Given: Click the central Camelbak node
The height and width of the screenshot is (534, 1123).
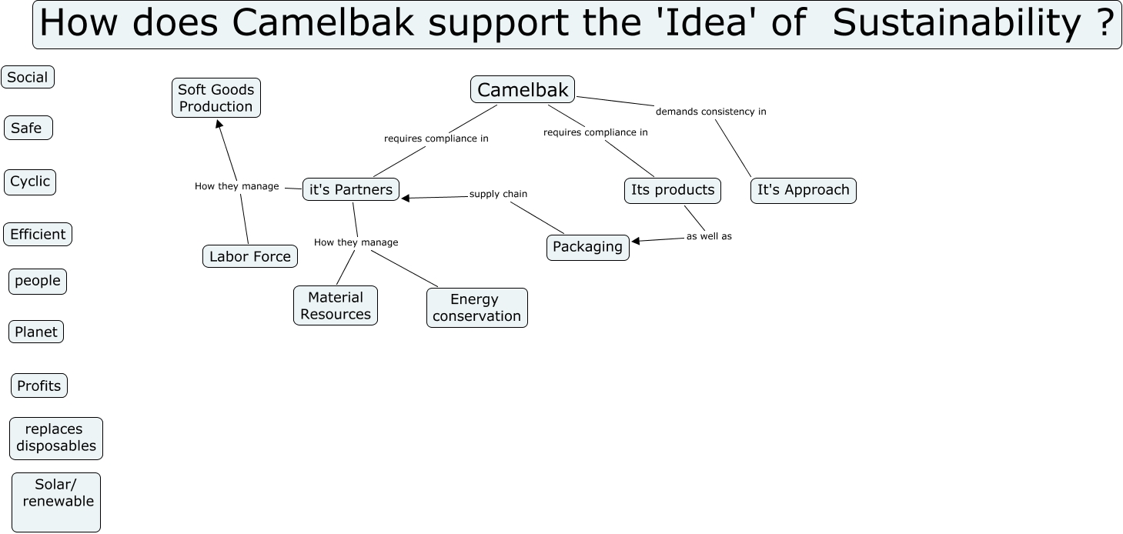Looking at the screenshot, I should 523,90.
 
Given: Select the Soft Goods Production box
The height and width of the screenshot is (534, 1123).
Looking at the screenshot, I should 216,98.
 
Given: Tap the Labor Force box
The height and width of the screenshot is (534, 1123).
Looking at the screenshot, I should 250,256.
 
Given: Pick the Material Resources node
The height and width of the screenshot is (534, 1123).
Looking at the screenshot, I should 336,305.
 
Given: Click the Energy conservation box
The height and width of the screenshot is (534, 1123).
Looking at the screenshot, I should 477,308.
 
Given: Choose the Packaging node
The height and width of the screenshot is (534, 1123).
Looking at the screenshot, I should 587,247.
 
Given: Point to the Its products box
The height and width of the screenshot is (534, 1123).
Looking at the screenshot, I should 673,190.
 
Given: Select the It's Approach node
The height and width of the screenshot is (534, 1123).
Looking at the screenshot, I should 803,190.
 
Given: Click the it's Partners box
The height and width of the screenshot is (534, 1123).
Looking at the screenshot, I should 351,190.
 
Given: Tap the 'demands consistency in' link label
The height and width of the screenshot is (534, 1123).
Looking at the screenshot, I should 710,112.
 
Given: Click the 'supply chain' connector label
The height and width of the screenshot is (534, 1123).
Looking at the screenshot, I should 498,194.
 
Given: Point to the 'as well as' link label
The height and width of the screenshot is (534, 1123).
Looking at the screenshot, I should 709,236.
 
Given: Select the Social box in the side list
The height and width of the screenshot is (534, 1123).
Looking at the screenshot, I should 28,77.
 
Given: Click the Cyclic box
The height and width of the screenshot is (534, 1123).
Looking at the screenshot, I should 30,182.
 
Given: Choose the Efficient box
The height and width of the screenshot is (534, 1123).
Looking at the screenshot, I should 38,235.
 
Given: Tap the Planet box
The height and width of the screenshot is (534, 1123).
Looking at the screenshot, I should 36,332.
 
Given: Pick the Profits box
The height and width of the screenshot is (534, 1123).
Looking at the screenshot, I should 39,386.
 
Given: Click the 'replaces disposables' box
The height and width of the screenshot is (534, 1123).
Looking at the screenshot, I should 56,438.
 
